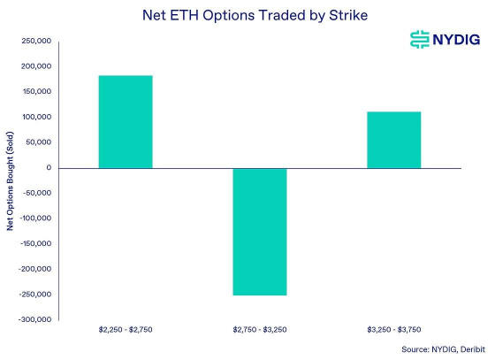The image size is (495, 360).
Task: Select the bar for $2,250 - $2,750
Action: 125,121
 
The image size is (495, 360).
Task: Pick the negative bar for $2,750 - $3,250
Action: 259,232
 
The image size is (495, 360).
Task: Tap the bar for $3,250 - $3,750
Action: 393,140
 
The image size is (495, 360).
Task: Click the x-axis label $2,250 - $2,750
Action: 125,330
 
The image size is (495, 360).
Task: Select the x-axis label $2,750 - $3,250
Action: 259,330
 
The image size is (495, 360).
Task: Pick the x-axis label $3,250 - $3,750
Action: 393,330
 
